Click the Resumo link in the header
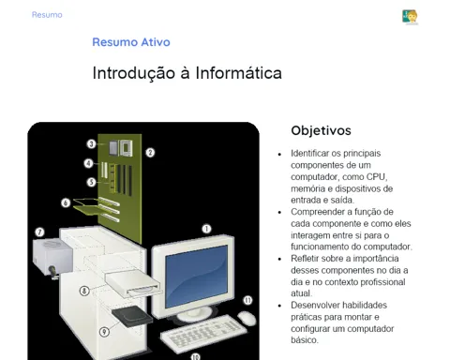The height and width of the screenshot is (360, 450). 47,15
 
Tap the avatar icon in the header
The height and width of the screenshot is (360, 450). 410,17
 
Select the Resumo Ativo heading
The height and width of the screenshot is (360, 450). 131,42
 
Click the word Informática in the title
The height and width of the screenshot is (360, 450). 239,73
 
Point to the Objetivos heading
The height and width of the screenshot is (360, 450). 321,130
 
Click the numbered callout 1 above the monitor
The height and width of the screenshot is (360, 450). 206,229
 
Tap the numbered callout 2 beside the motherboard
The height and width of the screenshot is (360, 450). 150,153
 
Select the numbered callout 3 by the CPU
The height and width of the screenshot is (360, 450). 91,143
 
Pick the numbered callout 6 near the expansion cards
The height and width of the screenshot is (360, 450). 66,202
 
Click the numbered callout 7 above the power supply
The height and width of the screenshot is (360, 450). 39,232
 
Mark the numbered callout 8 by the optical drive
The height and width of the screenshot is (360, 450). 84,291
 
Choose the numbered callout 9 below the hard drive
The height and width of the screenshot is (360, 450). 104,332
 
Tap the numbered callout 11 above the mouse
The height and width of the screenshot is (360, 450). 247,300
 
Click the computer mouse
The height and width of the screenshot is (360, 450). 247,318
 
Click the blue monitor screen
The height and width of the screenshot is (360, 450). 197,276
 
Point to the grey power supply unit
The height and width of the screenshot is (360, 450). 52,257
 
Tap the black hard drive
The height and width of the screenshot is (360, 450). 132,316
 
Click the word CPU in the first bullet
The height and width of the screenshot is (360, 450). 377,177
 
